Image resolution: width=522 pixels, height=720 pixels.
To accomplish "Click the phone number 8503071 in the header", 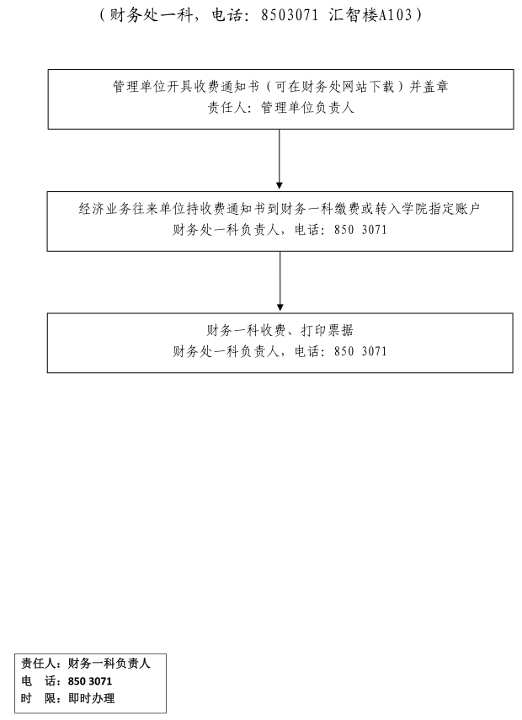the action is point(290,15).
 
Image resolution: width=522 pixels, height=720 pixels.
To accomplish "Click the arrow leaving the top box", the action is point(280,159).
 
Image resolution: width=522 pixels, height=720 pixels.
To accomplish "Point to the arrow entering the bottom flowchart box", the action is point(280,281).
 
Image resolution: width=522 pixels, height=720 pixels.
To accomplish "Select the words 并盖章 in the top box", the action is point(429,87).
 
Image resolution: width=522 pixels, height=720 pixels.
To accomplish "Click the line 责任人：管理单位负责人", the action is point(281,108).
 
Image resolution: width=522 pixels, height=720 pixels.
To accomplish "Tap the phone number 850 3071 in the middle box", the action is point(360,230).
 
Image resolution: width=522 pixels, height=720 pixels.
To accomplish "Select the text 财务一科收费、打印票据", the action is point(280,330).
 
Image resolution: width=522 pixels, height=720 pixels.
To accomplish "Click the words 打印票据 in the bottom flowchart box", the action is point(328,330).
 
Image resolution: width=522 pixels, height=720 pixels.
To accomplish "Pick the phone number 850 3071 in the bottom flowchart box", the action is point(360,351).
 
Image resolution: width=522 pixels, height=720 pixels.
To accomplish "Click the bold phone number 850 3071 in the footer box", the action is point(90,681).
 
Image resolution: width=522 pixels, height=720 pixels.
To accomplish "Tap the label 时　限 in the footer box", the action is point(39,698).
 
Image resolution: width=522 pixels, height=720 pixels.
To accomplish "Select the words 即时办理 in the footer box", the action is point(92,698).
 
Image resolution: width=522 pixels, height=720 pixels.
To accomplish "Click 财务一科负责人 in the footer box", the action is point(109,664).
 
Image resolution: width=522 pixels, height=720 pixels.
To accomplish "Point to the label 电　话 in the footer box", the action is point(39,681).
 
